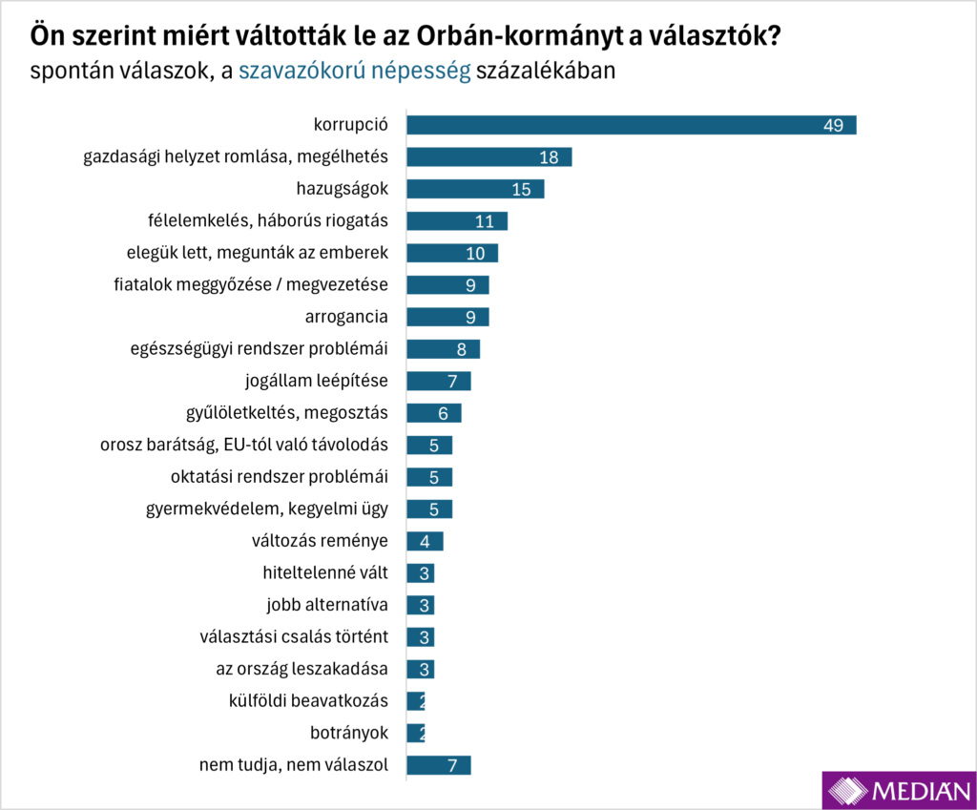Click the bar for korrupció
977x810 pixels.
coord(630,125)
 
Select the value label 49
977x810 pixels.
coord(833,125)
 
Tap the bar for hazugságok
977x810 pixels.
coord(475,189)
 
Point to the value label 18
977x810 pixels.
coord(549,157)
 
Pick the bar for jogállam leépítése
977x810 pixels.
coord(439,382)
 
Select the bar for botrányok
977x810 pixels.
coord(416,734)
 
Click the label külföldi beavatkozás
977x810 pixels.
coord(309,701)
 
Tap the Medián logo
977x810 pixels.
coord(898,789)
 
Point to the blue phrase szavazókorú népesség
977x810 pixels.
coord(354,71)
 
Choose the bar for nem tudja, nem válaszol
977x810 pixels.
coord(439,765)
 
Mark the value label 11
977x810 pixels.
coord(485,221)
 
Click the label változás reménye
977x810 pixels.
coord(320,541)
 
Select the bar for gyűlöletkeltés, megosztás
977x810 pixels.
coord(434,413)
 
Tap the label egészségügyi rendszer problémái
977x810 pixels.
coord(259,349)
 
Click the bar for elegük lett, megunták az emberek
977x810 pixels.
coord(452,253)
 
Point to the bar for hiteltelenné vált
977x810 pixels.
coord(421,573)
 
